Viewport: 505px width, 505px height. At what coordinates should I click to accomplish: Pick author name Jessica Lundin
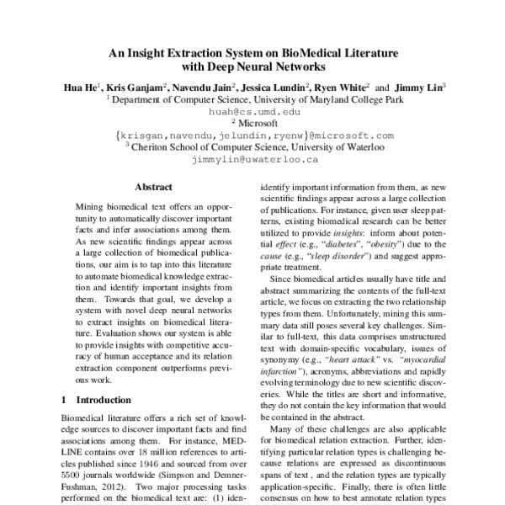(x=277, y=86)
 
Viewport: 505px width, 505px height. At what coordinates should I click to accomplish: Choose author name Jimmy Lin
(x=417, y=86)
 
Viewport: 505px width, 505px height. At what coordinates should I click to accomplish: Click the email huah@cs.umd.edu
(x=252, y=110)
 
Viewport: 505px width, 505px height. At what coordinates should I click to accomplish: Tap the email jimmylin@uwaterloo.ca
(x=252, y=158)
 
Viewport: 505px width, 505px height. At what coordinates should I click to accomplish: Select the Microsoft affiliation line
(x=255, y=122)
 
